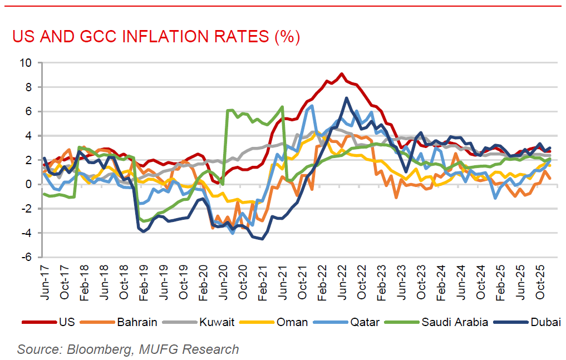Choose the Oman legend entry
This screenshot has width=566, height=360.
292,322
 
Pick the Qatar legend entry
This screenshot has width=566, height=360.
365,322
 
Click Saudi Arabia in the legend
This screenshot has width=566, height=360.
455,322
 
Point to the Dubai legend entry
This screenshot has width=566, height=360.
546,322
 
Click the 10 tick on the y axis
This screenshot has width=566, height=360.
26,62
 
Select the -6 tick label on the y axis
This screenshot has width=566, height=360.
26,257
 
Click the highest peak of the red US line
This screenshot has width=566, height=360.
342,73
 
